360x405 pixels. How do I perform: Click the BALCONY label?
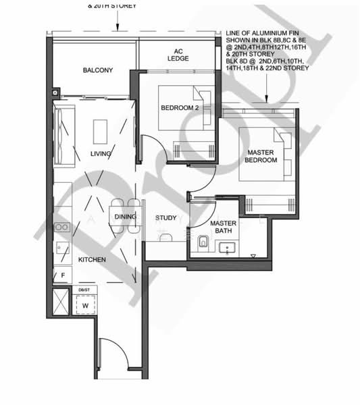tap(97, 71)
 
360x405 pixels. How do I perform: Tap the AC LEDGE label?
tap(178, 54)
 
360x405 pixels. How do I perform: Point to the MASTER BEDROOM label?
tap(261, 157)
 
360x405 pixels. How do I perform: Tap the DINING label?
tap(126, 217)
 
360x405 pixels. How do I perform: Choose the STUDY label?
tap(165, 217)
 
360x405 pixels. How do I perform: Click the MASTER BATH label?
tap(222, 227)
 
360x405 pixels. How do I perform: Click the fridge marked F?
tap(62, 275)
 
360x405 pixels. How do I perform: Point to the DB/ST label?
tap(84, 289)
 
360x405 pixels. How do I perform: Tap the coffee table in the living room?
tap(100, 129)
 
